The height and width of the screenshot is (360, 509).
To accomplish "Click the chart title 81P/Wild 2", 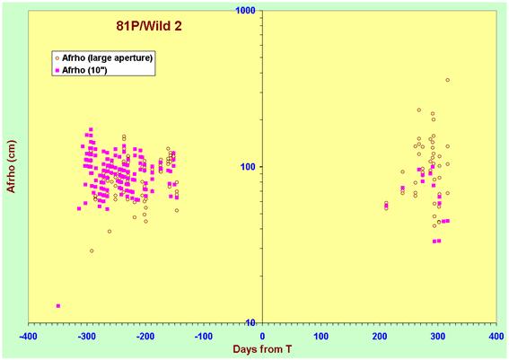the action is [x=149, y=26].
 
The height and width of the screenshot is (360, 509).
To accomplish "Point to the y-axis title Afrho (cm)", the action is [x=11, y=166].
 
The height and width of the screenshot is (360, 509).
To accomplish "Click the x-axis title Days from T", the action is [x=262, y=349].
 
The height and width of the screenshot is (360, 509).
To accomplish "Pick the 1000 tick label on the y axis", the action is [x=246, y=10].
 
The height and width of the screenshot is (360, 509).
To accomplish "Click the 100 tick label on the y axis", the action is [x=249, y=166].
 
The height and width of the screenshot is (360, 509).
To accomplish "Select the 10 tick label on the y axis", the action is [x=251, y=322].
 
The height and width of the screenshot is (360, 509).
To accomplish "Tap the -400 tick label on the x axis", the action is [x=28, y=337].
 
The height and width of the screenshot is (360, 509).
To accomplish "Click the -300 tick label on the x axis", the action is [x=87, y=337].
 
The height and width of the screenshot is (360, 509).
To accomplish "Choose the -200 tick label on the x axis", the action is [x=145, y=337].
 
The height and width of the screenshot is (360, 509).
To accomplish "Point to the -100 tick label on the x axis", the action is [x=204, y=337].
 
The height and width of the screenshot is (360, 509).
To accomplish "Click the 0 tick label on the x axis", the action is [x=262, y=337].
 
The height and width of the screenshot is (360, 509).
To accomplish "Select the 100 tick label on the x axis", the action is [x=320, y=337].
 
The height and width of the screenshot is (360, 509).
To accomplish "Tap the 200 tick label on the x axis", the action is [x=380, y=337].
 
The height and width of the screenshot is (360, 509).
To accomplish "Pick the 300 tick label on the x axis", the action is [x=438, y=337].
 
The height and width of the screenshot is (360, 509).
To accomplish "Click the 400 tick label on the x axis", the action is [x=496, y=337].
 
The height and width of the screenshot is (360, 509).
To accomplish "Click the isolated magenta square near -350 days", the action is [x=58, y=306].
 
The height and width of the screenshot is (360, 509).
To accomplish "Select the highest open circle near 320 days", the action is [x=448, y=80].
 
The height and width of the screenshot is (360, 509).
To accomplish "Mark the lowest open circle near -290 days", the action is [x=92, y=250].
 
